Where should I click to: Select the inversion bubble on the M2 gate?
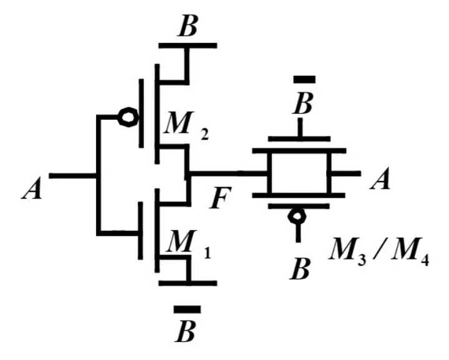tap(128, 117)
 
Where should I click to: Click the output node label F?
tap(220, 198)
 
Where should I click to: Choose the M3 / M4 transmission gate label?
tap(379, 255)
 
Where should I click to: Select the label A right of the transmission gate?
tap(380, 179)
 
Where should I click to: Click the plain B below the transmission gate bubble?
tap(299, 270)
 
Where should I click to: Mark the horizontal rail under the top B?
tap(188, 46)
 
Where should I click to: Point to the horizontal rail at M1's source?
tap(188, 283)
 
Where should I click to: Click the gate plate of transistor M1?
tap(140, 231)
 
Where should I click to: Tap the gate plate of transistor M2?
tap(141, 113)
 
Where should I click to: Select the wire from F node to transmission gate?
tap(228, 173)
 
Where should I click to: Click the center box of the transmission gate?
tap(299, 173)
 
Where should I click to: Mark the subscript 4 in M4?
tap(425, 261)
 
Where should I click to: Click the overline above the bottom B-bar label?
tap(187, 309)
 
